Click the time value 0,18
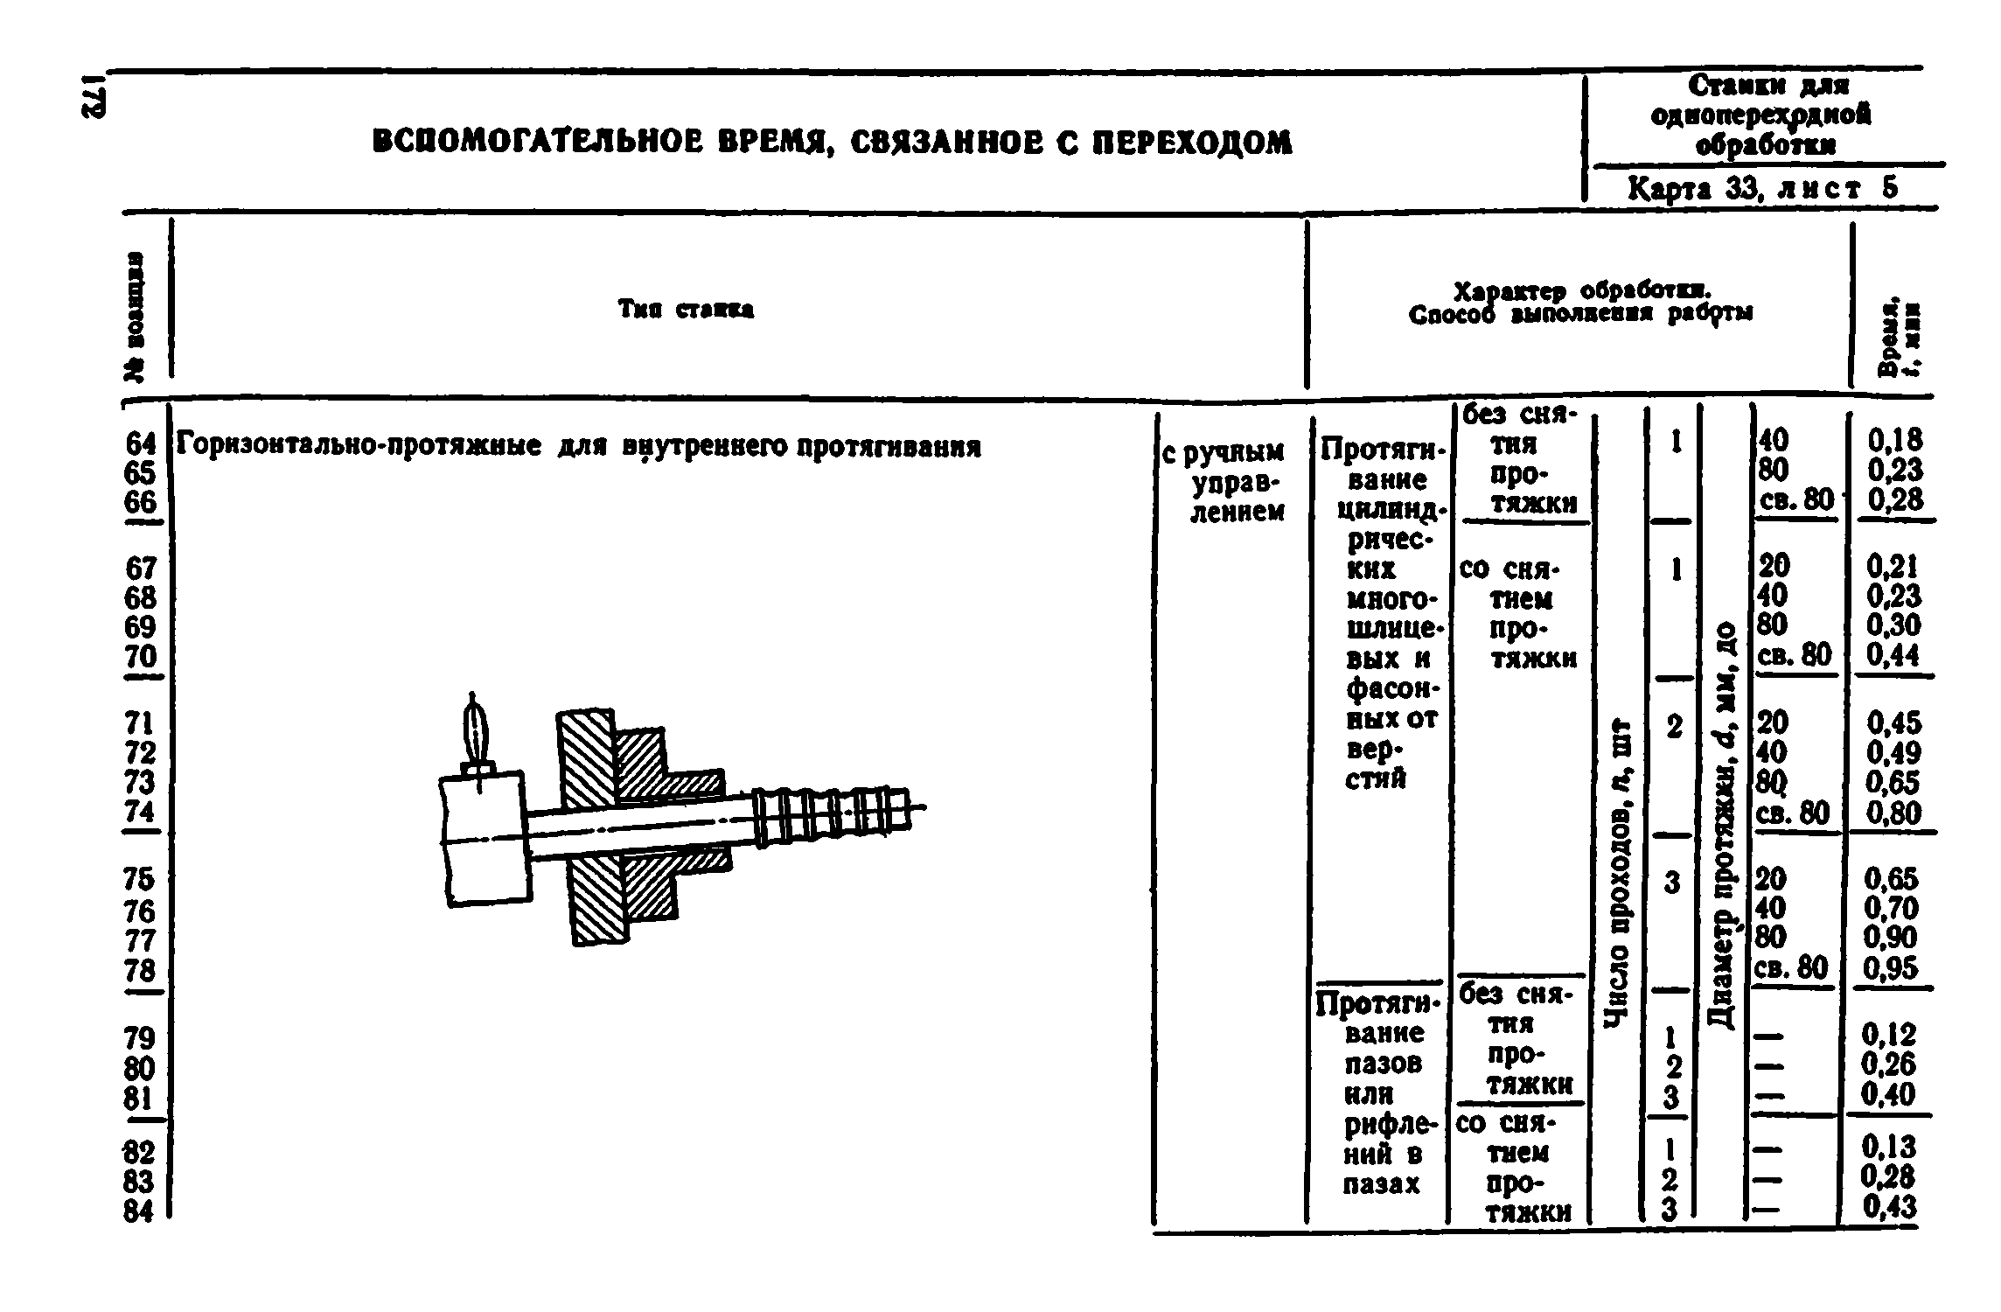click(x=1895, y=439)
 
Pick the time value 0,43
click(x=1889, y=1208)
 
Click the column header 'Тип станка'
click(x=687, y=310)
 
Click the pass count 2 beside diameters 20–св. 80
click(x=1674, y=726)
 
